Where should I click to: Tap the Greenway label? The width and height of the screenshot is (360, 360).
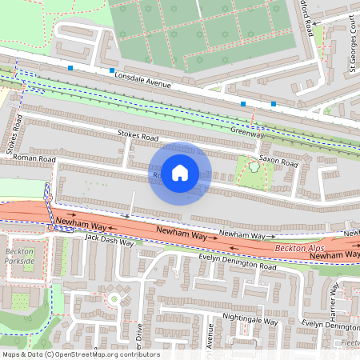[x=246, y=128]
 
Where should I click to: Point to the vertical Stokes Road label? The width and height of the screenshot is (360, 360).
[x=13, y=134]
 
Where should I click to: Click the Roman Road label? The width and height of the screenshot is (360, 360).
[x=34, y=159]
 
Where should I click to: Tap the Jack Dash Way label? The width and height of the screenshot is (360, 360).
[x=109, y=238]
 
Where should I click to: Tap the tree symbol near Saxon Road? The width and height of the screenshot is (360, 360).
[x=254, y=166]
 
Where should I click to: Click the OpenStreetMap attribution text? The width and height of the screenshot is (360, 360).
[x=80, y=354]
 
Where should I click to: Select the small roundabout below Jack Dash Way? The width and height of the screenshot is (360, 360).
[x=114, y=298]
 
